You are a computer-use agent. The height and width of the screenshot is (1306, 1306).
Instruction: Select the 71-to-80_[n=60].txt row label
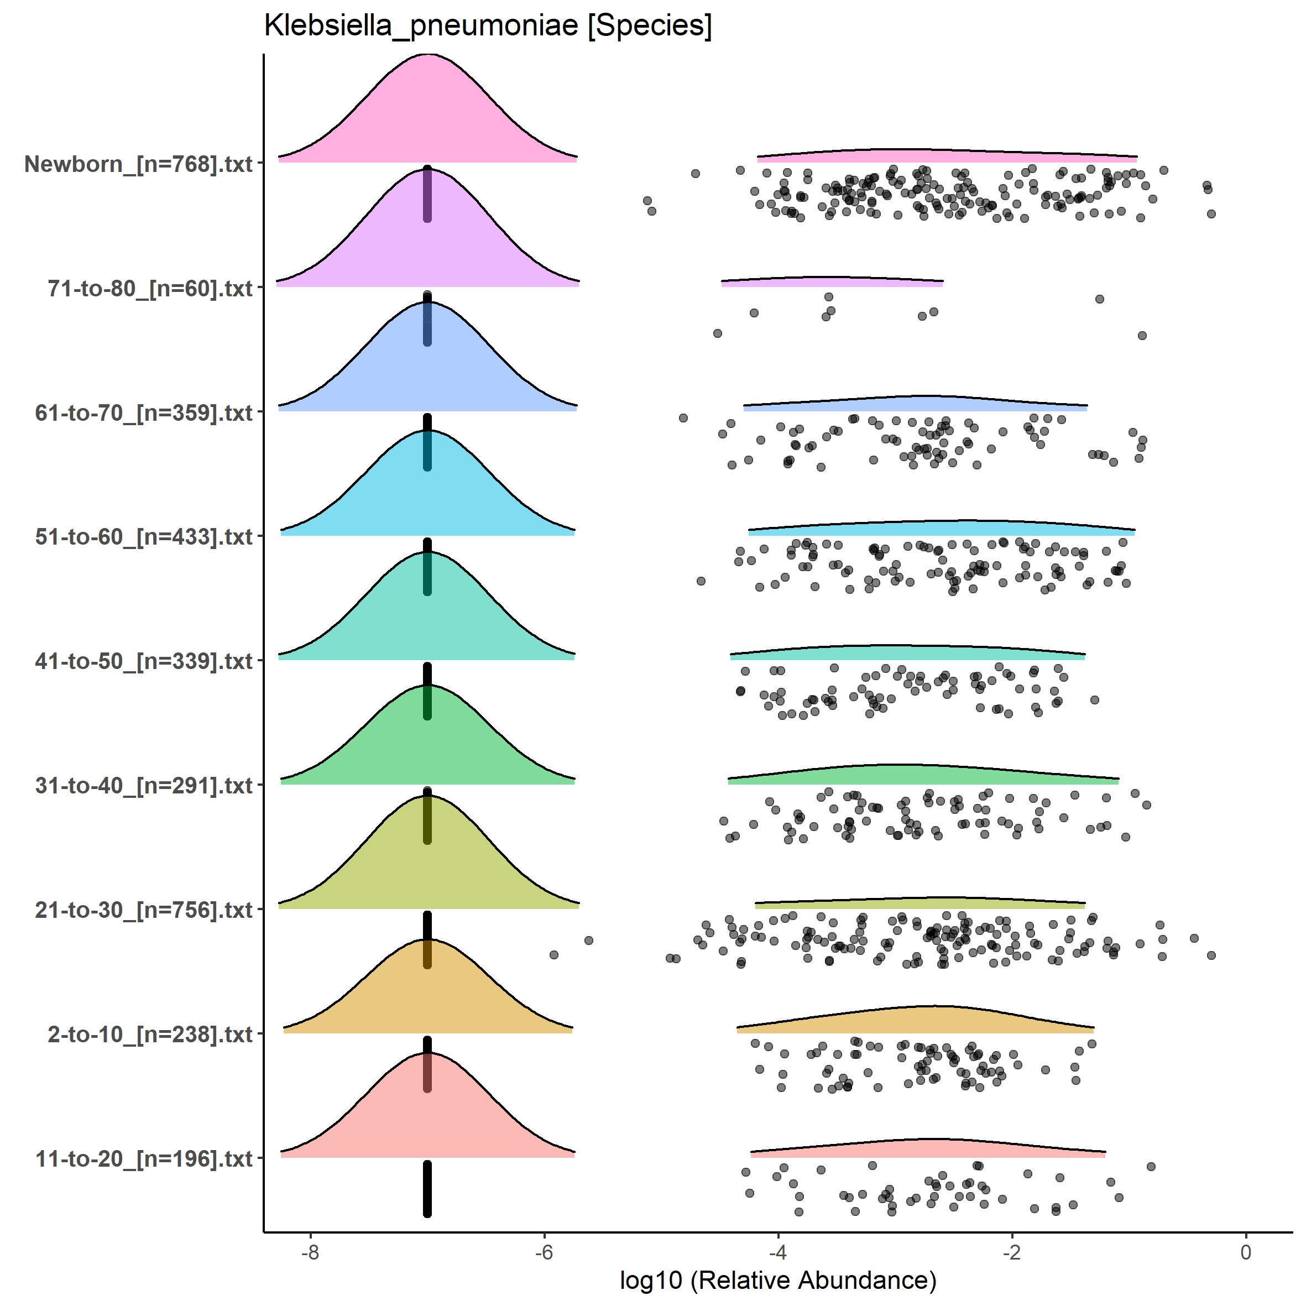tap(149, 289)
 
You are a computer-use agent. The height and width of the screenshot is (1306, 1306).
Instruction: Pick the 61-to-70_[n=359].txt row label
tap(143, 412)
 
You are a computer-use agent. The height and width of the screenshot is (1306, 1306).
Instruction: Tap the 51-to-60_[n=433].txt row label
tap(143, 537)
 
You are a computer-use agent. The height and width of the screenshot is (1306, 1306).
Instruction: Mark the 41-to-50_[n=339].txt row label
tap(143, 661)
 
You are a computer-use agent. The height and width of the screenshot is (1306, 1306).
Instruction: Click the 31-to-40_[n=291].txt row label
tap(143, 786)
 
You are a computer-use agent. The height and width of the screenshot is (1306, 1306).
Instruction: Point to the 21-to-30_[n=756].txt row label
tap(143, 910)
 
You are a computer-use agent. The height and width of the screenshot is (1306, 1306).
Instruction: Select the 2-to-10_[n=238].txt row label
tap(149, 1035)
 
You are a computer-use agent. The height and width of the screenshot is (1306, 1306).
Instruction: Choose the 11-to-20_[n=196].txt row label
tap(143, 1158)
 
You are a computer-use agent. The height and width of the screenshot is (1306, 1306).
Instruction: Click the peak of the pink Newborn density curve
tap(428, 55)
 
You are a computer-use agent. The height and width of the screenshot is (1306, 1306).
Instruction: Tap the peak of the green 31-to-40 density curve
tap(428, 686)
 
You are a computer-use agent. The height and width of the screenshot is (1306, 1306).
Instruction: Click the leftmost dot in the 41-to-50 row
tap(740, 691)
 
